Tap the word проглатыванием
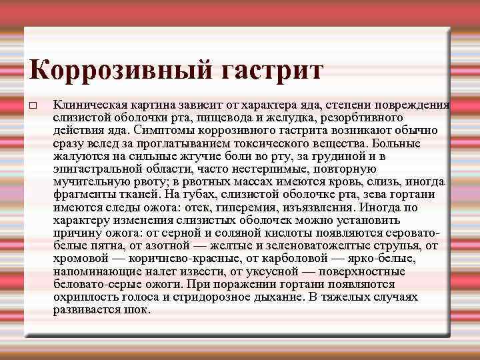tap(201, 143)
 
